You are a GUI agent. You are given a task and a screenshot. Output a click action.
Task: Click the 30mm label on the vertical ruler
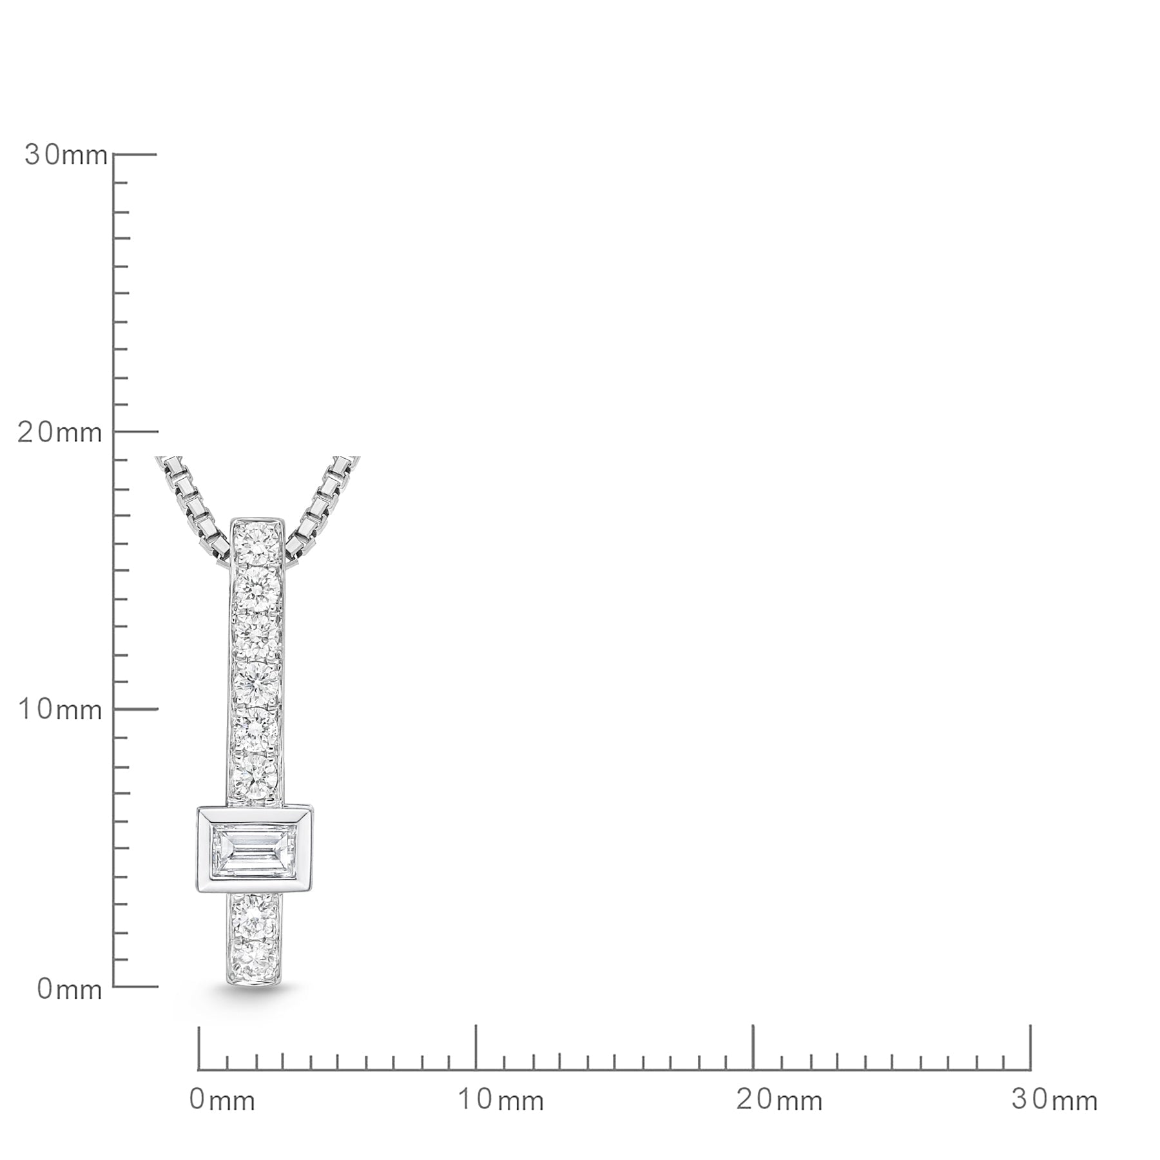tap(66, 155)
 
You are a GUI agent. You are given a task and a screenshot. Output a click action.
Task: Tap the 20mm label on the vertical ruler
tap(59, 432)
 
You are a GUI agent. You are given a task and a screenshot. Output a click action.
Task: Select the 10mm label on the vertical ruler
tap(60, 710)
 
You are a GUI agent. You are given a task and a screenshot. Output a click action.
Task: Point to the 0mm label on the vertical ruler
tap(70, 989)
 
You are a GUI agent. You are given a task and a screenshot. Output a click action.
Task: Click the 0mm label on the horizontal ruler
tap(222, 1100)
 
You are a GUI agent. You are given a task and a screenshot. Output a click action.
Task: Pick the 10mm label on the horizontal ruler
tap(501, 1100)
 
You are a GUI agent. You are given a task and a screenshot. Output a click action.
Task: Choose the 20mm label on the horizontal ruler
tap(779, 1100)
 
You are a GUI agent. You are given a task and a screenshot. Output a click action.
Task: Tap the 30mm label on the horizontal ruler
tap(1055, 1100)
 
